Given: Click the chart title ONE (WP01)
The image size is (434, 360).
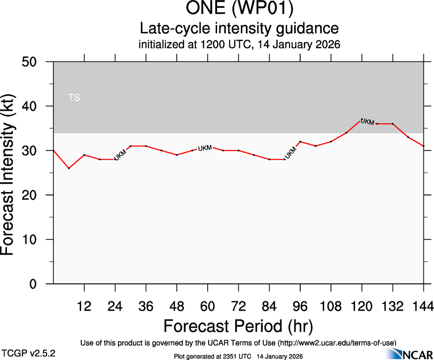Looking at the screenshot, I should coord(239,9).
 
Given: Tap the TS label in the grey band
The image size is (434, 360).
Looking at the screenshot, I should coord(74,98).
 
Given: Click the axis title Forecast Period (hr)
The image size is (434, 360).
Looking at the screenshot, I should coord(238,326).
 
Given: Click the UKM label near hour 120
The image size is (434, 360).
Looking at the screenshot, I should coord(367,122).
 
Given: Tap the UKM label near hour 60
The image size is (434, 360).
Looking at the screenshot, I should coord(205,148).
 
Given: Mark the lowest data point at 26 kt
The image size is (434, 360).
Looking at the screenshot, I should coord(69,168).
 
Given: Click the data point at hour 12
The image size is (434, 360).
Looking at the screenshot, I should coord(84,155).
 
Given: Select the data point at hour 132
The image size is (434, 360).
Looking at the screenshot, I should coord(392,124).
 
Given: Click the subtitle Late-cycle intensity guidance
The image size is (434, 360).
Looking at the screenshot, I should coord(239,29).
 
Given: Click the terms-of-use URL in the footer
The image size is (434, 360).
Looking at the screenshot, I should coord(337,342).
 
